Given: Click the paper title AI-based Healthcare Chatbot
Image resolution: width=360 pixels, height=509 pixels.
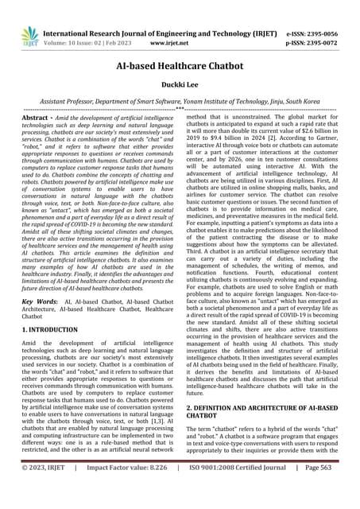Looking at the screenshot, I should tap(179, 68).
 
